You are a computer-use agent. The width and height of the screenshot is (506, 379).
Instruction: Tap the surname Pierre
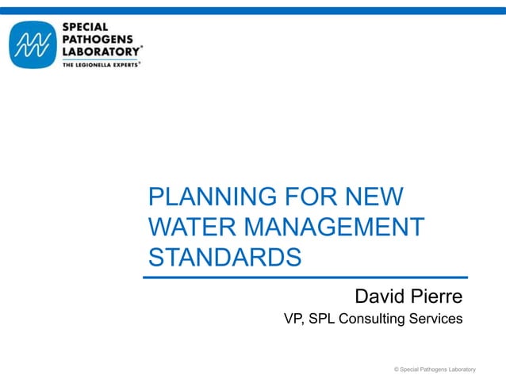click(x=436, y=297)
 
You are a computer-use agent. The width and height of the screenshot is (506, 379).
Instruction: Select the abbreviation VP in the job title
click(x=293, y=320)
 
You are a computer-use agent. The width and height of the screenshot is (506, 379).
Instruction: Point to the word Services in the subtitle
click(x=435, y=320)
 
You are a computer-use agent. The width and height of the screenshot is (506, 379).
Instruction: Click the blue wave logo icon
click(x=32, y=45)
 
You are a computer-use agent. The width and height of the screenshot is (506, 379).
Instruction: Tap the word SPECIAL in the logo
click(x=86, y=27)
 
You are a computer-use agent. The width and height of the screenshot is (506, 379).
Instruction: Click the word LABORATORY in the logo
click(x=100, y=50)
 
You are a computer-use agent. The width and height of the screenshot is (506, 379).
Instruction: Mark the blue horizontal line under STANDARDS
click(x=305, y=278)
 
